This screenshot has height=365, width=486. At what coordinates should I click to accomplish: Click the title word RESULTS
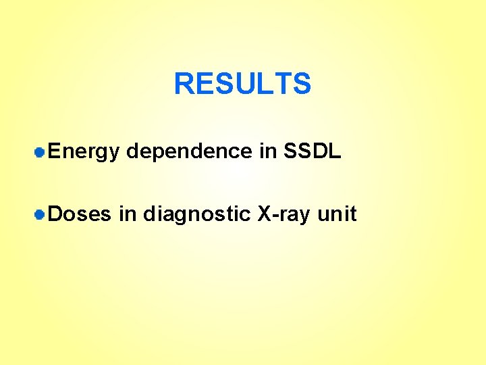point(242,84)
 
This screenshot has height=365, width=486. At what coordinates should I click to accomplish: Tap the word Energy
point(84,152)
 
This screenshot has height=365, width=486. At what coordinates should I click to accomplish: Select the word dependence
point(189,152)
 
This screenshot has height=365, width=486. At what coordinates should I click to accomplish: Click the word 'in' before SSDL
point(267,151)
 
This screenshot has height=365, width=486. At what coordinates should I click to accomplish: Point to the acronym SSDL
point(313,151)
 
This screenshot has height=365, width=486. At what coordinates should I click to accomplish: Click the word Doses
point(80,214)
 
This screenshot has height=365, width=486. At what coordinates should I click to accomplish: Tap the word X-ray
point(284,215)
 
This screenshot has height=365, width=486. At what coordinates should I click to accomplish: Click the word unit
point(337,214)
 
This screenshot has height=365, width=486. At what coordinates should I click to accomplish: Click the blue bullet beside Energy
point(40,153)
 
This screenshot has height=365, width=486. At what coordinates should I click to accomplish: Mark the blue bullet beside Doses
point(40,215)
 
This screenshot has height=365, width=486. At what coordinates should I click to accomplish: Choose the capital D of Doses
point(56,214)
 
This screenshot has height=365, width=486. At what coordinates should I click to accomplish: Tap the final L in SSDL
point(335,151)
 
